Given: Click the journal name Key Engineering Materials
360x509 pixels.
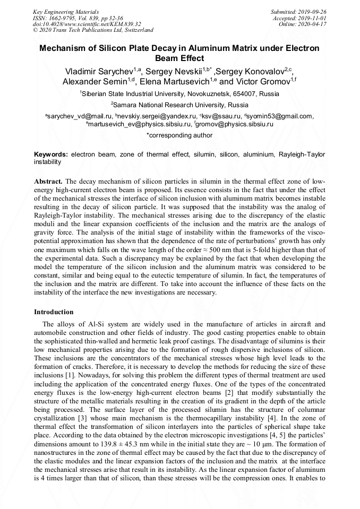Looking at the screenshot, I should click(x=65, y=11).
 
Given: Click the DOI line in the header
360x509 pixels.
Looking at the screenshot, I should click(x=87, y=24).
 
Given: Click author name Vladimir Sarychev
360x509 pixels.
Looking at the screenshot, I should click(x=98, y=71).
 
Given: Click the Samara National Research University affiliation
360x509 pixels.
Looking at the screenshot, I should click(x=181, y=105).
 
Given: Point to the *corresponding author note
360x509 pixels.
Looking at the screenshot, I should click(x=179, y=135).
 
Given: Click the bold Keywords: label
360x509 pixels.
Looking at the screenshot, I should click(x=51, y=154).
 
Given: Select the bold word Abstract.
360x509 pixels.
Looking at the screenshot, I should click(x=48, y=181).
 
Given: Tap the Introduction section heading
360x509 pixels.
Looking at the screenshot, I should click(x=54, y=312).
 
